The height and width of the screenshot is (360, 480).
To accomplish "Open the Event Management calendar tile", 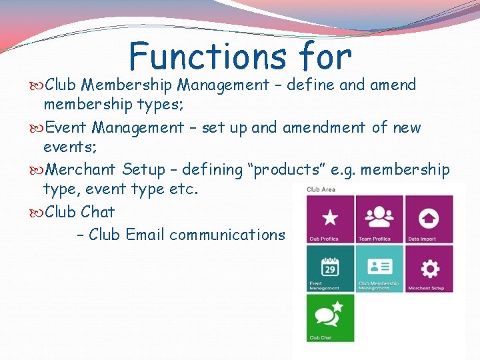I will click(x=330, y=268).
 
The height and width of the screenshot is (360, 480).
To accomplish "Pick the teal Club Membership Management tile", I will click(x=379, y=268).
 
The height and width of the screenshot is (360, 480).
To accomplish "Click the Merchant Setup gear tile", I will click(x=429, y=268).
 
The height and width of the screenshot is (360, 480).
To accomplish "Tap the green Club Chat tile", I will click(x=330, y=318).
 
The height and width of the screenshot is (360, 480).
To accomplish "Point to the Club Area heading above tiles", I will click(x=321, y=189).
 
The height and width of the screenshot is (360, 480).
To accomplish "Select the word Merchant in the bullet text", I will click(x=81, y=170).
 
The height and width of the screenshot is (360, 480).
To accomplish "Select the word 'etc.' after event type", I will click(x=187, y=189).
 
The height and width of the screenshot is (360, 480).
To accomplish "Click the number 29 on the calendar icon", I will click(x=330, y=269).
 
